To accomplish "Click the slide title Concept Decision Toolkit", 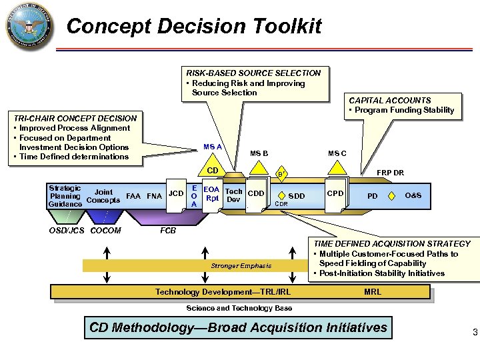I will (x=194, y=27).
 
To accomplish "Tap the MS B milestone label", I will (x=259, y=154).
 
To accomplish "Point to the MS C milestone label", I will (x=337, y=154).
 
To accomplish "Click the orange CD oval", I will (x=213, y=171).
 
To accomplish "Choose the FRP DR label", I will (x=390, y=173).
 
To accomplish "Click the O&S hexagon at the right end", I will (x=413, y=195).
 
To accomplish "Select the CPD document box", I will (x=335, y=194).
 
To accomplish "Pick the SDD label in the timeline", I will (x=297, y=196).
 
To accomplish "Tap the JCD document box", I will (x=176, y=194).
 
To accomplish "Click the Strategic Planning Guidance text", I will (x=65, y=196).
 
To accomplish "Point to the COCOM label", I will (x=105, y=231).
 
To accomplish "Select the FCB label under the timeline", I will (x=169, y=231).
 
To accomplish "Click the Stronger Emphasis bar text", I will (x=241, y=265).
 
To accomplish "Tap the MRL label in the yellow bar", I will (x=373, y=292).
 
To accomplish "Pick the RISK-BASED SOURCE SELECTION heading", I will (x=253, y=73).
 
